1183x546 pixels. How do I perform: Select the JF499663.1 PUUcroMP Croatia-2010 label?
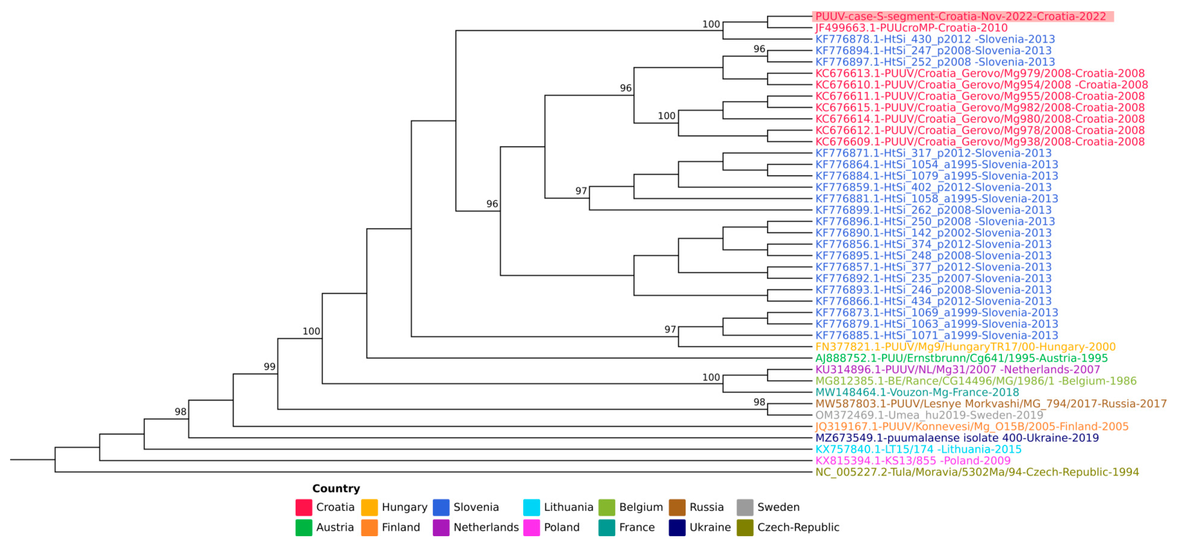point(911,28)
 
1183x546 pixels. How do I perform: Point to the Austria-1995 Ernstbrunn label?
point(961,358)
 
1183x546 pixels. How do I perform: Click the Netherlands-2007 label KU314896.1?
point(958,370)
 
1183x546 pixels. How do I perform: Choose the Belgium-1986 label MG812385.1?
point(975,381)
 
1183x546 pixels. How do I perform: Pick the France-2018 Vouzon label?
point(917,393)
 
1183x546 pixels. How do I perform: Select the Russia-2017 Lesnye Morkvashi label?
point(991,404)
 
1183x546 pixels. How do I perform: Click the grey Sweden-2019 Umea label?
point(929,415)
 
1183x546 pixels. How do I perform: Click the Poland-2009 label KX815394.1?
point(913,461)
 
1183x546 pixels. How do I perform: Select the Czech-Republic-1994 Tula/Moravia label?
point(977,472)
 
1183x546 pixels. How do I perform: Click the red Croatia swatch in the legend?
point(304,508)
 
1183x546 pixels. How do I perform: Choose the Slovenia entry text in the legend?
point(476,508)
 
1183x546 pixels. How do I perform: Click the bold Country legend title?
point(336,489)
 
